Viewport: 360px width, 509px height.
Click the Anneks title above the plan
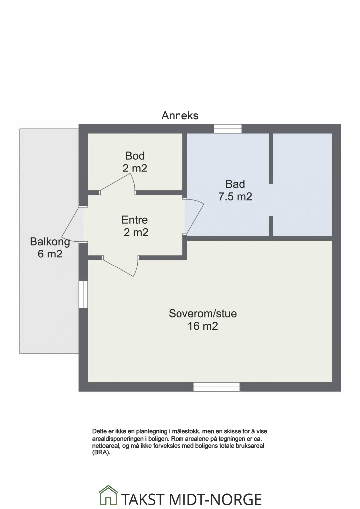[180, 115]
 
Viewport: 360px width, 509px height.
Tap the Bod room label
[135, 156]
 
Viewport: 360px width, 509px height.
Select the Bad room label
[235, 184]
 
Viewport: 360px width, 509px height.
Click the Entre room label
[134, 220]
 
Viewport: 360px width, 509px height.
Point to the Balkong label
[50, 242]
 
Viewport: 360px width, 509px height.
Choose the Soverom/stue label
[202, 313]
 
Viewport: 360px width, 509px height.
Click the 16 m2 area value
[202, 326]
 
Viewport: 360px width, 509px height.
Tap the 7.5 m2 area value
[235, 197]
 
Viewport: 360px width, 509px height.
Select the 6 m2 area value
[50, 254]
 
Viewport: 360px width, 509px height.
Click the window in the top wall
[228, 129]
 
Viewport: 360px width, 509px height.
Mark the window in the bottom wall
[216, 387]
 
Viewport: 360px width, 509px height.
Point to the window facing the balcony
[83, 294]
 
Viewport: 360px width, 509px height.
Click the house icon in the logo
[108, 495]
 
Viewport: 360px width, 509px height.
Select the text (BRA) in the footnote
[101, 453]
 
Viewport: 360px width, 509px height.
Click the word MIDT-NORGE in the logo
[215, 499]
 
